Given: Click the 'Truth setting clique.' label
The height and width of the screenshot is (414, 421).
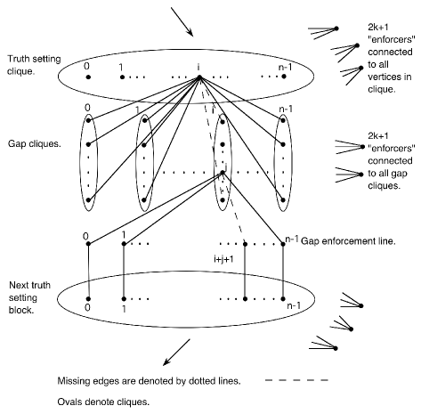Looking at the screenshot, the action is point(34,65).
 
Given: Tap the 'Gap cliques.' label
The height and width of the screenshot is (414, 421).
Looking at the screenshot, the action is point(35,144).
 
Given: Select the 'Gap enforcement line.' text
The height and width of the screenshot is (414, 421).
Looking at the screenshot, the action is point(348,241).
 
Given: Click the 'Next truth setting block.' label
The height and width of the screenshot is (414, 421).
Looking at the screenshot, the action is point(29,297).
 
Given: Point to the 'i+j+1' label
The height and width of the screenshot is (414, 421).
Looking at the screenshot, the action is point(223,259).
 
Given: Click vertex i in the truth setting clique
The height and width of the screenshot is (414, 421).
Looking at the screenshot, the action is point(199,77).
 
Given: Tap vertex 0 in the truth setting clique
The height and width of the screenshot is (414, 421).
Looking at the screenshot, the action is point(88,77).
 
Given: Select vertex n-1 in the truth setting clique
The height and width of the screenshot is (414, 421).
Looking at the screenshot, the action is point(284,77).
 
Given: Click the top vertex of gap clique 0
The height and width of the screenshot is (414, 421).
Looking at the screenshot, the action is point(88,120).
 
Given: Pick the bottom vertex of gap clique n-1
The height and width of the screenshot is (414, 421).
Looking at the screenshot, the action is point(283,200).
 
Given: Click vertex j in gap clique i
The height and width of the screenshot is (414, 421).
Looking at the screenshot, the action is point(223,173).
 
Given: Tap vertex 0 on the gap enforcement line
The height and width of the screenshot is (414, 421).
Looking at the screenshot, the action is point(88,244).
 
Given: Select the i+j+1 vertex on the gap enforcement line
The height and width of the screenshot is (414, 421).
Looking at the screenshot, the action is point(245,244).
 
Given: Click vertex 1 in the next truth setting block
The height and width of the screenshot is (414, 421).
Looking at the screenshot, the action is point(124,299).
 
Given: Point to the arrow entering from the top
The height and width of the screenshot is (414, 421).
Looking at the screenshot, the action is point(182,21).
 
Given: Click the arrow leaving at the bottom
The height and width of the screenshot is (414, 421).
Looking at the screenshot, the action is point(176,353).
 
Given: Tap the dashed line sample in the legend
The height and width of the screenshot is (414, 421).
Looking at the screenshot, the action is point(296,380).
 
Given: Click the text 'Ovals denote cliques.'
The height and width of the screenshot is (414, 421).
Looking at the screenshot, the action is point(103,402).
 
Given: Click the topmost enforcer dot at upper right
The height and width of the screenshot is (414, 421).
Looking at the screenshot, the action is point(336,28).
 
